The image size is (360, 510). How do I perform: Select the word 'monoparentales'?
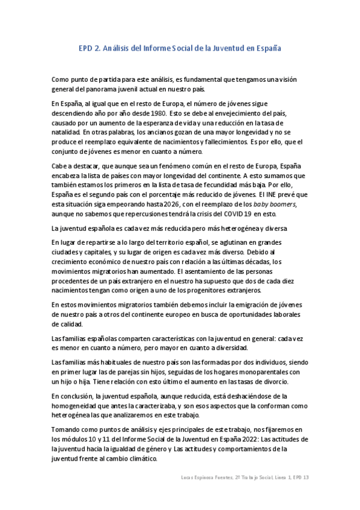274,372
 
